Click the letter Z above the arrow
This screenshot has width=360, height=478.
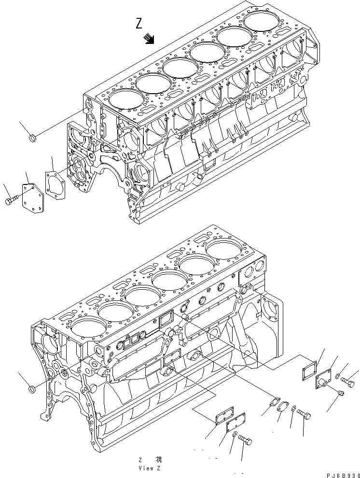coord(139,23)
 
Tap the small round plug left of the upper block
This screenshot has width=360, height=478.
coord(33,139)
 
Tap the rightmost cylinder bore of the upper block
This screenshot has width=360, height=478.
coord(263,21)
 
